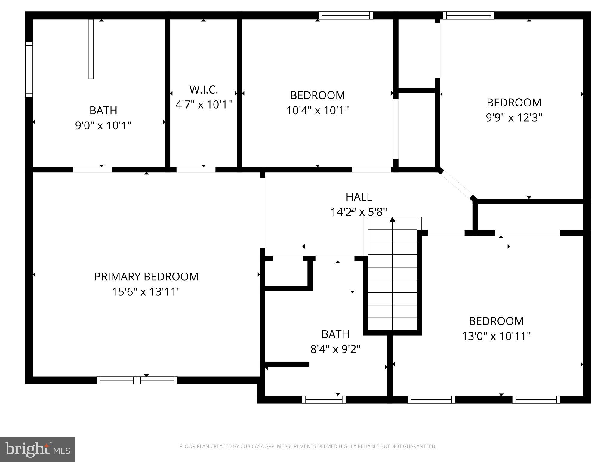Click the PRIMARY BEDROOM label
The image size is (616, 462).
(146, 277)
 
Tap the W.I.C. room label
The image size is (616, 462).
(204, 90)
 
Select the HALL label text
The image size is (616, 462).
(359, 197)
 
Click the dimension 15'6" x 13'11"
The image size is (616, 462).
(146, 292)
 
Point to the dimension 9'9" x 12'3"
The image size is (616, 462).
(514, 117)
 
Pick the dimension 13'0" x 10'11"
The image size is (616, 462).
(496, 336)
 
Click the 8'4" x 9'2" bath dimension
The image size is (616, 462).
(335, 349)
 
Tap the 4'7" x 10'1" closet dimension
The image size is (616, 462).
(204, 105)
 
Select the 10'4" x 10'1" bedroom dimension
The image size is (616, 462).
(317, 110)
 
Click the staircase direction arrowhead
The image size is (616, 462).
(392, 220)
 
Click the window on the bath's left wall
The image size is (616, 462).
(29, 69)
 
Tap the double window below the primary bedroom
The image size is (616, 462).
(137, 380)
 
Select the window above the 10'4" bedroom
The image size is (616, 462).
(346, 15)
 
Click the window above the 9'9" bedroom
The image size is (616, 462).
(468, 15)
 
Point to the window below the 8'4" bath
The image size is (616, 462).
(324, 399)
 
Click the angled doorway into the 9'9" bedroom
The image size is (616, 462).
(457, 184)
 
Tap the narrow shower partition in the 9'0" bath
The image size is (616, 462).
(91, 49)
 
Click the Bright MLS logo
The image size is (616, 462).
(37, 449)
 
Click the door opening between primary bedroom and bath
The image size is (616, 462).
(93, 170)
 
